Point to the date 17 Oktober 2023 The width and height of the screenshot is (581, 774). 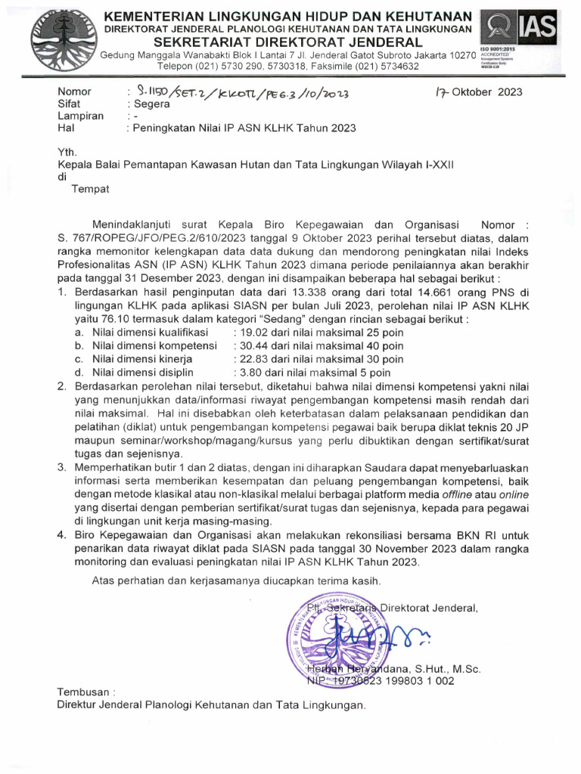[478, 92]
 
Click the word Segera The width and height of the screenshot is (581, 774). [151, 104]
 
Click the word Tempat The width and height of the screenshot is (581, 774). [90, 189]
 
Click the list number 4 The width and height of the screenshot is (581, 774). [63, 535]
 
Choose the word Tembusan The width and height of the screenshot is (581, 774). [84, 692]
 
